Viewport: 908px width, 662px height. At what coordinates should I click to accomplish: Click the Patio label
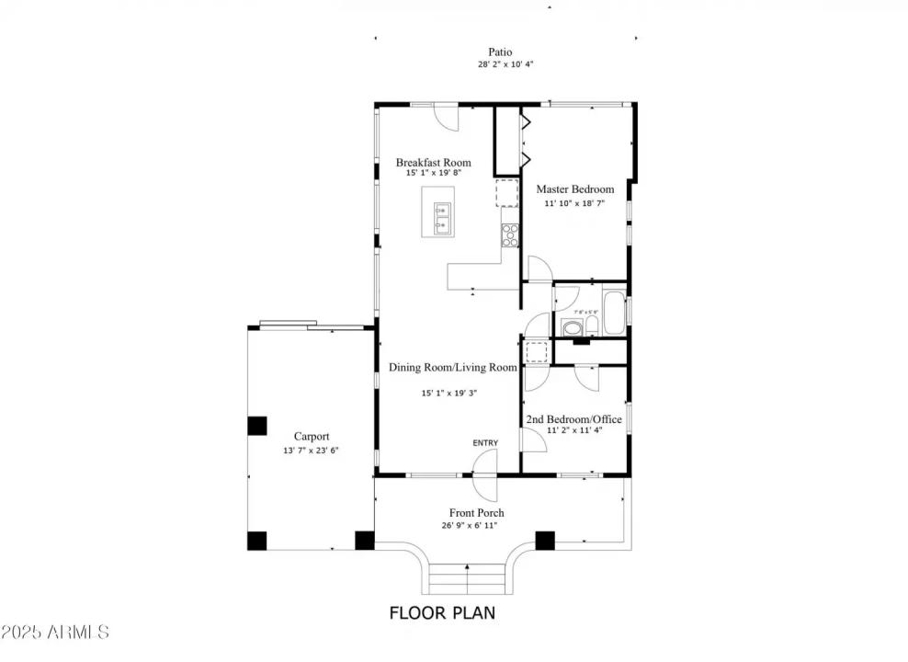500,52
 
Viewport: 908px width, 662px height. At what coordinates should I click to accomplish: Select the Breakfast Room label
433,163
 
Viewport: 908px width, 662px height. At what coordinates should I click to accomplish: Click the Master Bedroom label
574,189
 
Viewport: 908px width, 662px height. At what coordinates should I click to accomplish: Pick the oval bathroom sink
571,326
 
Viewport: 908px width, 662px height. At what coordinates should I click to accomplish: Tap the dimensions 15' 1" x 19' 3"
449,393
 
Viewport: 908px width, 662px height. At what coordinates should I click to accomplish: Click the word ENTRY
485,443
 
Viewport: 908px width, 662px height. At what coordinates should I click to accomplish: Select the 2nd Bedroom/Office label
573,419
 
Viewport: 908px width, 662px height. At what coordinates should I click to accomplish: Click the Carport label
312,437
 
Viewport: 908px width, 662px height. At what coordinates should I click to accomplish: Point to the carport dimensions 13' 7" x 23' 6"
312,451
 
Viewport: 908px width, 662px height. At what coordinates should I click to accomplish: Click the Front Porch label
476,513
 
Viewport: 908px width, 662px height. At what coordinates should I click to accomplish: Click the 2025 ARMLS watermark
55,633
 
